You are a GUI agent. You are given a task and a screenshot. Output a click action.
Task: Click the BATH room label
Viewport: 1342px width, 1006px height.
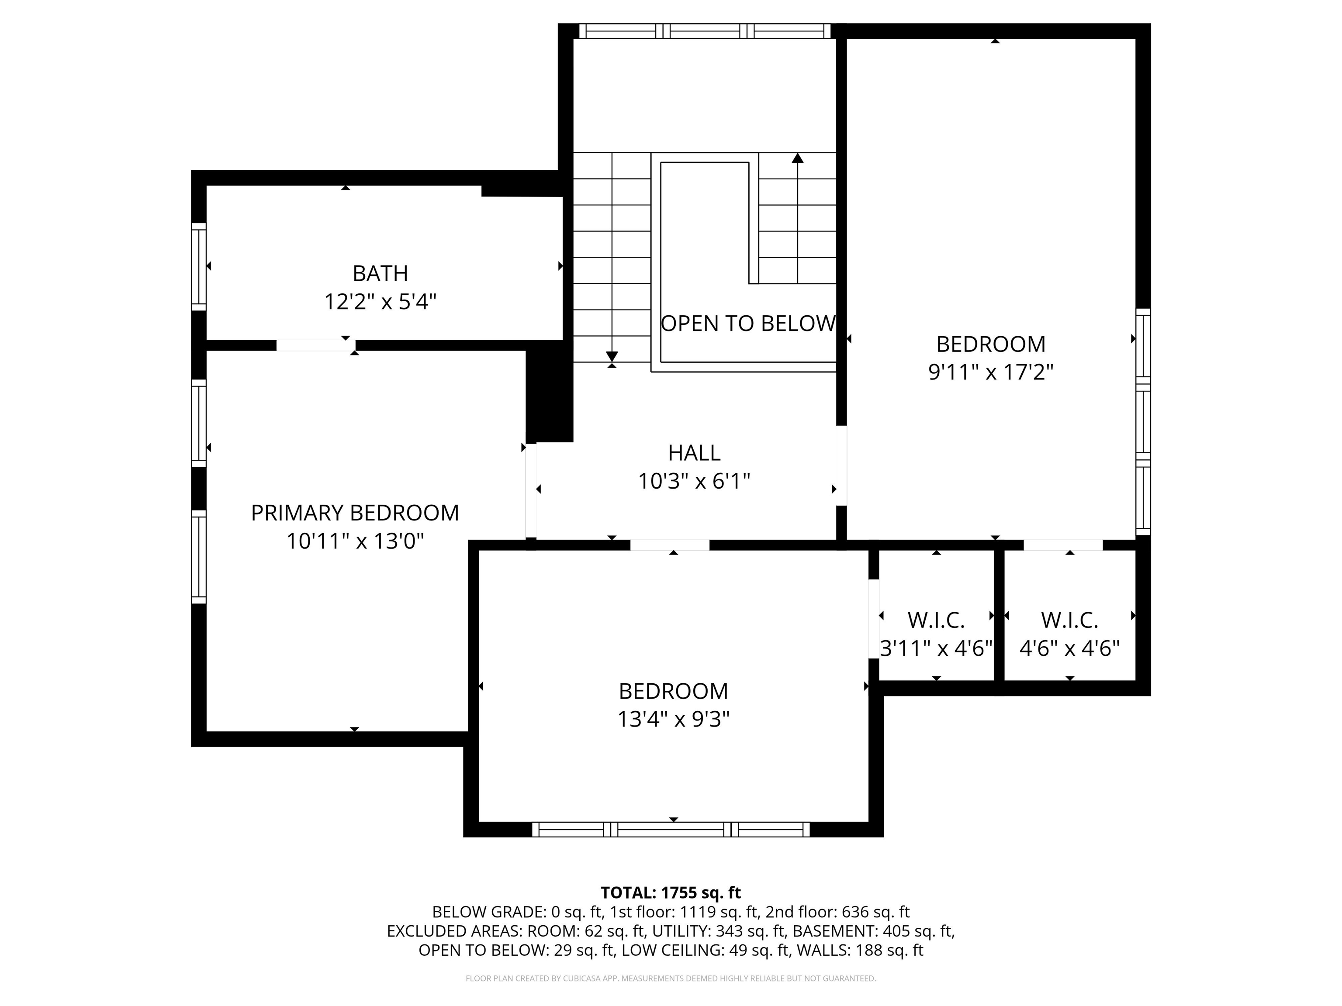pyautogui.click(x=380, y=273)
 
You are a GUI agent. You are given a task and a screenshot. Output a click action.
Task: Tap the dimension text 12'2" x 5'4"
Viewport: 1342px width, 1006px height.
pyautogui.click(x=380, y=301)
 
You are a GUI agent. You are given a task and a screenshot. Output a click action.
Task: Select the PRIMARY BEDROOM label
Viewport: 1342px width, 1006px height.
pyautogui.click(x=355, y=513)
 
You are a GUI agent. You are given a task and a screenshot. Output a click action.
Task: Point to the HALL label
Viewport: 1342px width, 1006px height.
pyautogui.click(x=694, y=453)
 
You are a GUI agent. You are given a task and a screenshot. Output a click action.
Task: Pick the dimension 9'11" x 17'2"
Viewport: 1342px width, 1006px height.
pyautogui.click(x=991, y=372)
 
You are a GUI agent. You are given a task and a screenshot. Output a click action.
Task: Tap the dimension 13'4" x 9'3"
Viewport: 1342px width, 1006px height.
pyautogui.click(x=674, y=719)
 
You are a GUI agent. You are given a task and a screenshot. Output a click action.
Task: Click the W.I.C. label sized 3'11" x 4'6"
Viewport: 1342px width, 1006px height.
pyautogui.click(x=936, y=620)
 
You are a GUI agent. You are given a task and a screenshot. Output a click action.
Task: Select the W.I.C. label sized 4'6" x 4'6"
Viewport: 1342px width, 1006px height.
pyautogui.click(x=1069, y=620)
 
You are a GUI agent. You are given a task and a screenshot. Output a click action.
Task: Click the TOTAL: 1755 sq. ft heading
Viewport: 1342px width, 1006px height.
pyautogui.click(x=671, y=892)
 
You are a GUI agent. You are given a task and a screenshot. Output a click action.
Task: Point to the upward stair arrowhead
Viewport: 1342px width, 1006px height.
pyautogui.click(x=798, y=158)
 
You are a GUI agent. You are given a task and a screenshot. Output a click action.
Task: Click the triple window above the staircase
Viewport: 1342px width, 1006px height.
pyautogui.click(x=704, y=31)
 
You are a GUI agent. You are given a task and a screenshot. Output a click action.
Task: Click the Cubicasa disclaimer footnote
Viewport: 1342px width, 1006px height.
pyautogui.click(x=671, y=978)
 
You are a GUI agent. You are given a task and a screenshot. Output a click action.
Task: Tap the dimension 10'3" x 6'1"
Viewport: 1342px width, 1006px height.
pyautogui.click(x=694, y=482)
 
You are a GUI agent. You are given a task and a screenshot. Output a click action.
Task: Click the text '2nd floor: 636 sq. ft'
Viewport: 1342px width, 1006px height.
pyautogui.click(x=837, y=912)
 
